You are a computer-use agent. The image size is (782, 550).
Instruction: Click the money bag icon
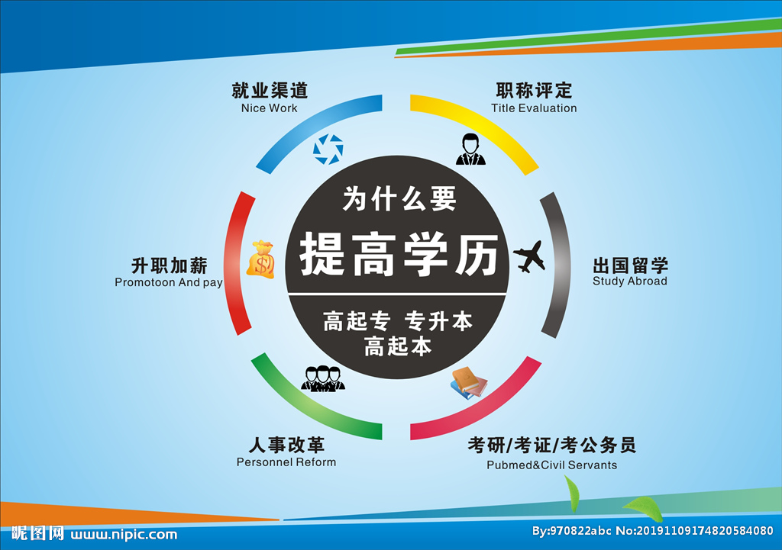point(260,259)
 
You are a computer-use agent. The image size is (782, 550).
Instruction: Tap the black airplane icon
point(529,256)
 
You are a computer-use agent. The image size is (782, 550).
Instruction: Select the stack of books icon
point(468,382)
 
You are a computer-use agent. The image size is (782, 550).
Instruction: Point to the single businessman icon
point(470,149)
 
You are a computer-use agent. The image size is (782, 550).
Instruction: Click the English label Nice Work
point(269,108)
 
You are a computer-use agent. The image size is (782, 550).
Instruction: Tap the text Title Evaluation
point(534,108)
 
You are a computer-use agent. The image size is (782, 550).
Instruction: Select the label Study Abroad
point(629,281)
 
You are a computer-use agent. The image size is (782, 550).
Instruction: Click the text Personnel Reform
point(286,462)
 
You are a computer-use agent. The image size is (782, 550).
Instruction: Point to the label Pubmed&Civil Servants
point(551,465)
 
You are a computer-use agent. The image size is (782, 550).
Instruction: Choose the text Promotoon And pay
point(169,283)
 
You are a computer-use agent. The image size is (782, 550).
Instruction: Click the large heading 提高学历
point(398,254)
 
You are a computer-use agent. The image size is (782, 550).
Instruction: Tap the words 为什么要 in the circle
point(399,200)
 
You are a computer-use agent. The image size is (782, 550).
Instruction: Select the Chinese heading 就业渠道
point(270,90)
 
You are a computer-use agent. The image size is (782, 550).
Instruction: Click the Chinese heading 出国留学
point(630,265)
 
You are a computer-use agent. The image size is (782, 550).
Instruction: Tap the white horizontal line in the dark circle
point(397,294)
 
